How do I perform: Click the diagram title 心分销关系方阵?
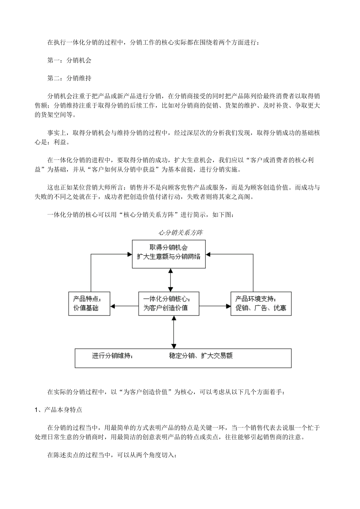click(x=180, y=232)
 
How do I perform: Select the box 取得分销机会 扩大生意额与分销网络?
click(x=169, y=254)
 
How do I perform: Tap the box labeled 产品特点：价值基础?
click(x=89, y=303)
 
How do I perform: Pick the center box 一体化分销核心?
click(x=169, y=303)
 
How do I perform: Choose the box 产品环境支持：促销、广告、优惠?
click(x=261, y=303)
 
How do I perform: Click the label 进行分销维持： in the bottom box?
click(x=112, y=356)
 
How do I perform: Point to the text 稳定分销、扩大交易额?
click(x=201, y=356)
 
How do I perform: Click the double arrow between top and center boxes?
click(x=171, y=280)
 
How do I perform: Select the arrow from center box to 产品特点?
click(x=125, y=306)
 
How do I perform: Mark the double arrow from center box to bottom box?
click(x=174, y=331)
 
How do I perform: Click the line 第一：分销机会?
click(x=69, y=60)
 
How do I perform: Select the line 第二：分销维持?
click(x=69, y=78)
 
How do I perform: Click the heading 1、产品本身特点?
click(x=58, y=410)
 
